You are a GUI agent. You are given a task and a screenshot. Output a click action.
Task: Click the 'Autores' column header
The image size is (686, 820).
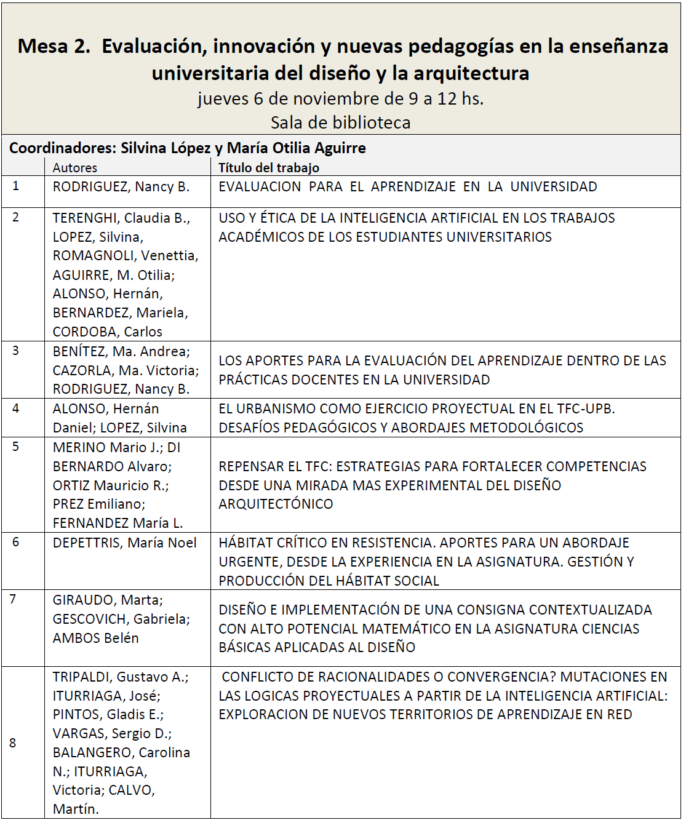[x=74, y=167]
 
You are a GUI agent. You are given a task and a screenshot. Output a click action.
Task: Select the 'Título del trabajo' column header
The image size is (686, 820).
[x=269, y=167]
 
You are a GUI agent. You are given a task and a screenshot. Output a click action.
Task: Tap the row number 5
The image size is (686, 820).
[x=16, y=447]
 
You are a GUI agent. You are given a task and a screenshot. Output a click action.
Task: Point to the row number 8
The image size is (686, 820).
[x=13, y=742]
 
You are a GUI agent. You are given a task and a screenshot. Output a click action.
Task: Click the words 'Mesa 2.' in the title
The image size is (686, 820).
[x=54, y=46]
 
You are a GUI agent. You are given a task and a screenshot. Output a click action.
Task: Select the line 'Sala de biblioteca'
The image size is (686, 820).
[x=340, y=122]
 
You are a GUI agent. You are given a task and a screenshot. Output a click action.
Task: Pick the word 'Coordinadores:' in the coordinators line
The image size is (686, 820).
[x=62, y=148]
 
